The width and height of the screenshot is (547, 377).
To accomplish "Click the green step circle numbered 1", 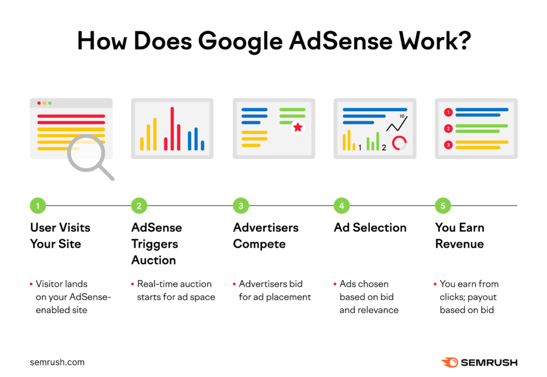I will pos(38,205).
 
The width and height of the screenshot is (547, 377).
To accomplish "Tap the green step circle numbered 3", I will pos(241,205).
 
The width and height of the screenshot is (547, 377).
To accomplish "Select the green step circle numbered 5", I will pos(443,205).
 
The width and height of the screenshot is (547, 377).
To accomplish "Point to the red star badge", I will pos(298,127).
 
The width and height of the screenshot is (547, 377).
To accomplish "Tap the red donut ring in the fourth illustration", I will pos(399,143).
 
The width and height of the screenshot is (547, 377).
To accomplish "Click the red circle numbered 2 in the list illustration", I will pos(449,128).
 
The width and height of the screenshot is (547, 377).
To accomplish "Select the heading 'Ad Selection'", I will pos(370,227).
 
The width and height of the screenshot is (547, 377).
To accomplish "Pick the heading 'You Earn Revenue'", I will pos(460,235).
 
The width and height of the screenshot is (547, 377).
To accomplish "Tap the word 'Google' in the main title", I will pos(235,42).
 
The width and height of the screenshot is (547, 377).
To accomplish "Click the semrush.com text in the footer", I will pos(57,362).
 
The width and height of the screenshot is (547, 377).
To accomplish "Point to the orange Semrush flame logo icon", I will pos(450,362).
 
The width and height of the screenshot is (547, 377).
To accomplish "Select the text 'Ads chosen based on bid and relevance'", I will pos(369,296).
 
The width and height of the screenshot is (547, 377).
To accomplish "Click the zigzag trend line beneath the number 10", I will pos(396,125).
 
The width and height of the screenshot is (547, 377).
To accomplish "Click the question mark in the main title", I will pos(462,42).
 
